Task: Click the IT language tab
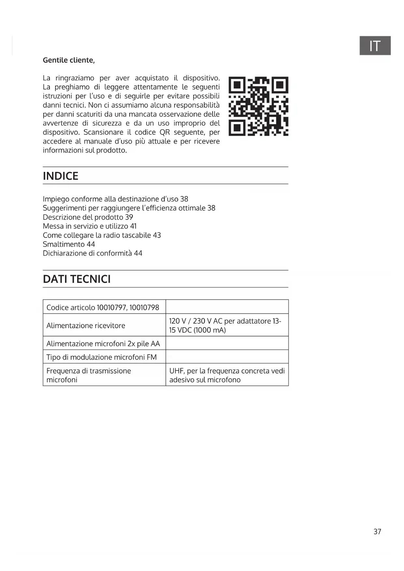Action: pyautogui.click(x=375, y=46)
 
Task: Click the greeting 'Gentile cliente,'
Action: pyautogui.click(x=69, y=60)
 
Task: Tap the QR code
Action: pyautogui.click(x=258, y=106)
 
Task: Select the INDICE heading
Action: pyautogui.click(x=61, y=176)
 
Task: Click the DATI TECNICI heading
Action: pyautogui.click(x=77, y=279)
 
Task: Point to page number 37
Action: pyautogui.click(x=377, y=532)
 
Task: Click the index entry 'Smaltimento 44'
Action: pyautogui.click(x=69, y=244)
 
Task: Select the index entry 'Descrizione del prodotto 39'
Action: pyautogui.click(x=88, y=217)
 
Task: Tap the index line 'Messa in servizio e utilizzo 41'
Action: pyautogui.click(x=90, y=226)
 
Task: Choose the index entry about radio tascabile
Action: pyautogui.click(x=102, y=235)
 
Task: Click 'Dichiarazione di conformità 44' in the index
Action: pyautogui.click(x=92, y=253)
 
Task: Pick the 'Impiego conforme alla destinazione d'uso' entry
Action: pyautogui.click(x=115, y=199)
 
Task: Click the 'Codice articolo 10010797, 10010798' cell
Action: pyautogui.click(x=103, y=307)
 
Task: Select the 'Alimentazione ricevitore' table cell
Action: pyautogui.click(x=86, y=326)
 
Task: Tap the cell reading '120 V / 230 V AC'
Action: pyautogui.click(x=225, y=326)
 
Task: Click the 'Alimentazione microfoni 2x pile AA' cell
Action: pyautogui.click(x=103, y=344)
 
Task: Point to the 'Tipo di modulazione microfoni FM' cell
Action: pyautogui.click(x=102, y=357)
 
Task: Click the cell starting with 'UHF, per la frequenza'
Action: pyautogui.click(x=227, y=375)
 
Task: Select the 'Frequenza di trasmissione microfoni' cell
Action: pyautogui.click(x=89, y=375)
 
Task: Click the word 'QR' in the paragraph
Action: pyautogui.click(x=165, y=132)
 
